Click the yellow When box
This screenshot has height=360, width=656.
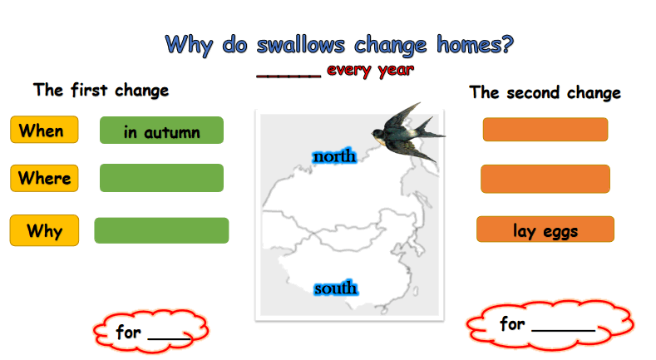pyautogui.click(x=44, y=130)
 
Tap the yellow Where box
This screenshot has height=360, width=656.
pyautogui.click(x=44, y=178)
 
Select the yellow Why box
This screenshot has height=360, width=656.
pyautogui.click(x=44, y=230)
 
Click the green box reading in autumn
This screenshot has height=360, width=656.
pyautogui.click(x=161, y=130)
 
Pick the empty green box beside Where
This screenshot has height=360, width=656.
pyautogui.click(x=161, y=178)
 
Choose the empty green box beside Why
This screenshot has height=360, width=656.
pyautogui.click(x=161, y=230)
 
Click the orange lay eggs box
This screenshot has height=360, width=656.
pyautogui.click(x=545, y=229)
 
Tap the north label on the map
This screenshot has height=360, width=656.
pyautogui.click(x=334, y=156)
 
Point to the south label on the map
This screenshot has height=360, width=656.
pyautogui.click(x=336, y=288)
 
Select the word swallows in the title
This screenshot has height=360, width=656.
pyautogui.click(x=301, y=44)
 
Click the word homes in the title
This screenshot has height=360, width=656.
pyautogui.click(x=475, y=44)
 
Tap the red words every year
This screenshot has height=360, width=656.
pyautogui.click(x=370, y=70)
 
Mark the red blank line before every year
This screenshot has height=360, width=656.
pyautogui.click(x=289, y=76)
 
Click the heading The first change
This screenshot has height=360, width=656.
pyautogui.click(x=101, y=90)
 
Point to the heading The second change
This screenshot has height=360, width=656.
pyautogui.click(x=545, y=92)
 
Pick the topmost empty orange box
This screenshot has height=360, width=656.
pyautogui.click(x=545, y=129)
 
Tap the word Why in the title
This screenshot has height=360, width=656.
pyautogui.click(x=190, y=45)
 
